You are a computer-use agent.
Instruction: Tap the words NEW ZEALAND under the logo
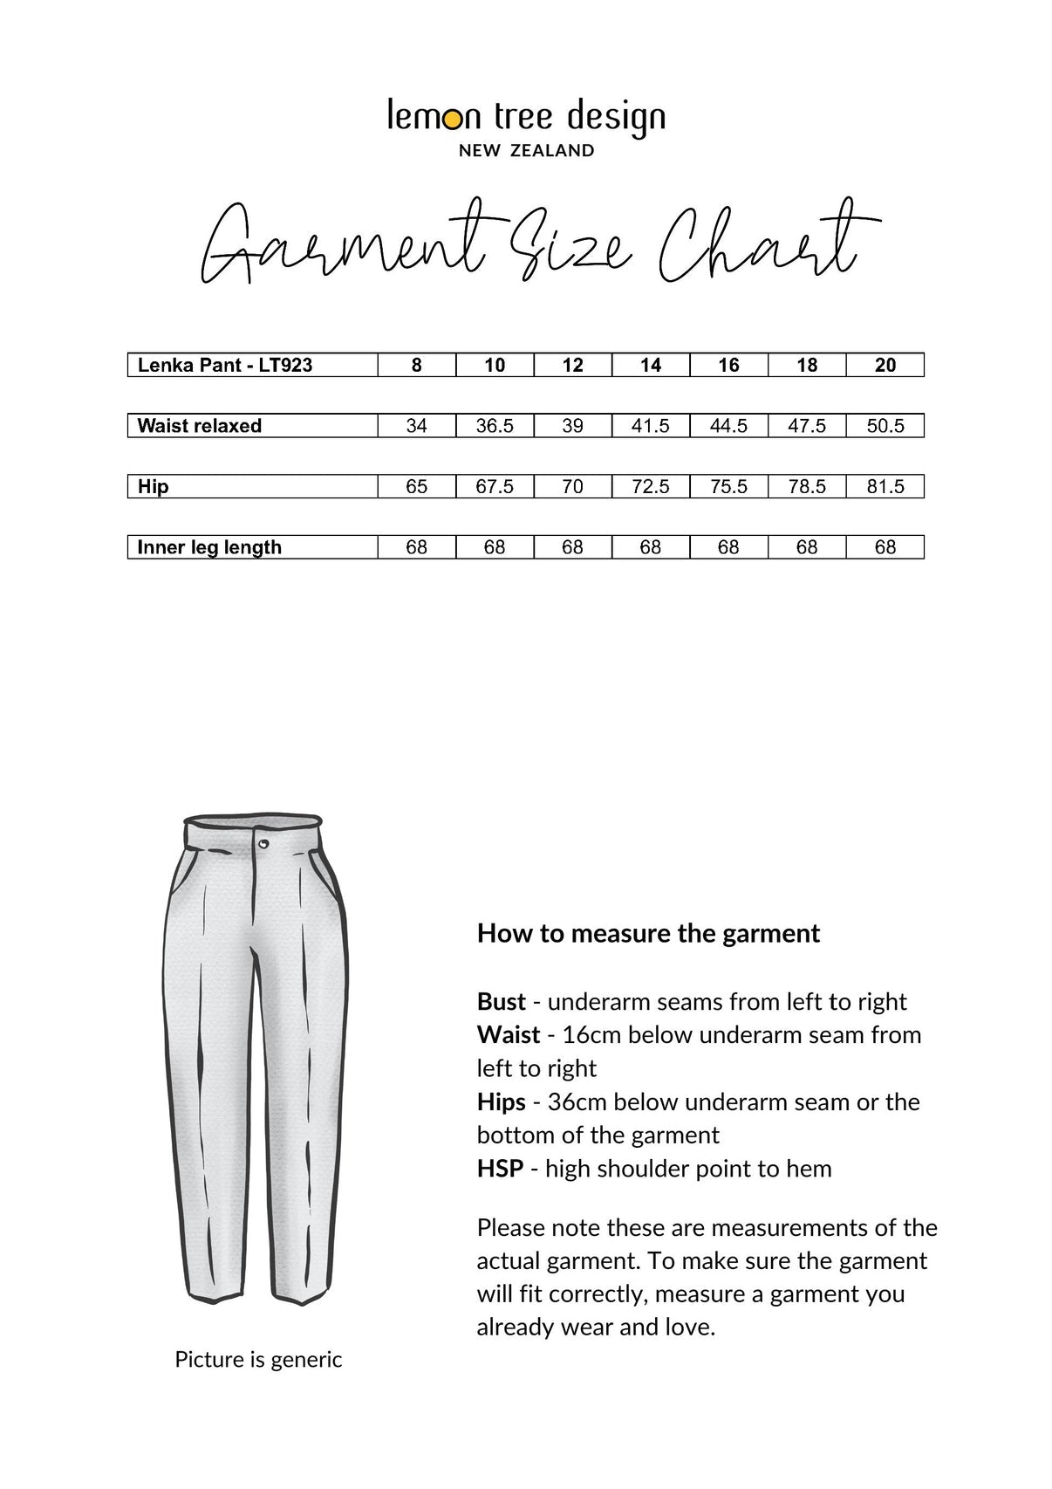(526, 150)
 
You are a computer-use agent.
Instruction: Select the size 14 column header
(651, 365)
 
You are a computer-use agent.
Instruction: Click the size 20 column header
(885, 365)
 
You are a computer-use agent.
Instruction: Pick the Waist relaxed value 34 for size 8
(416, 426)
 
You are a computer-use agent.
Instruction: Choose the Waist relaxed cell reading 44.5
(728, 426)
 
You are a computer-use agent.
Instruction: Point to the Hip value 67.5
(495, 486)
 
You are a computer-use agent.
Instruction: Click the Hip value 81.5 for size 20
(885, 486)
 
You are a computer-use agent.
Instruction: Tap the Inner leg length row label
(209, 547)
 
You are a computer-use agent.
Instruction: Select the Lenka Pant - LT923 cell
(225, 365)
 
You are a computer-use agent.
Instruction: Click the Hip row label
(153, 486)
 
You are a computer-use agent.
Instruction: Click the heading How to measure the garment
(648, 933)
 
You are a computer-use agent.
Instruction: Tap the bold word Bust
(502, 1001)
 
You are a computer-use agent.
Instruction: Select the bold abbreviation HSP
(500, 1168)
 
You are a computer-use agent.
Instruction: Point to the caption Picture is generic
(258, 1359)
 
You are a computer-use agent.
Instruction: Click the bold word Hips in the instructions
(502, 1101)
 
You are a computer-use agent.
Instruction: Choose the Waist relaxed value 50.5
(885, 426)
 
